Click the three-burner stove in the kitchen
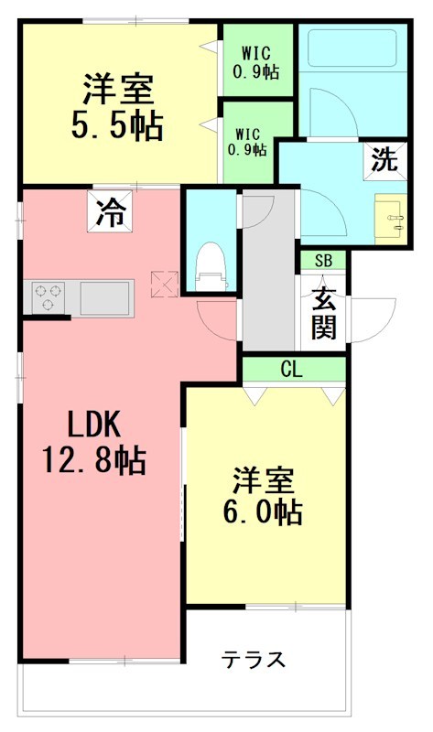click(49, 297)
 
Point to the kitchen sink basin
click(106, 297)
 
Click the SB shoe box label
click(323, 260)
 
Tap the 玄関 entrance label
click(322, 312)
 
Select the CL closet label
click(293, 369)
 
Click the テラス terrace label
click(254, 659)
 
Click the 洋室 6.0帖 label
click(266, 495)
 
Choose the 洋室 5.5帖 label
click(116, 107)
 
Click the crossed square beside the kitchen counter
click(162, 285)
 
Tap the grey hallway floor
click(267, 284)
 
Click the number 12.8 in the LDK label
click(78, 460)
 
